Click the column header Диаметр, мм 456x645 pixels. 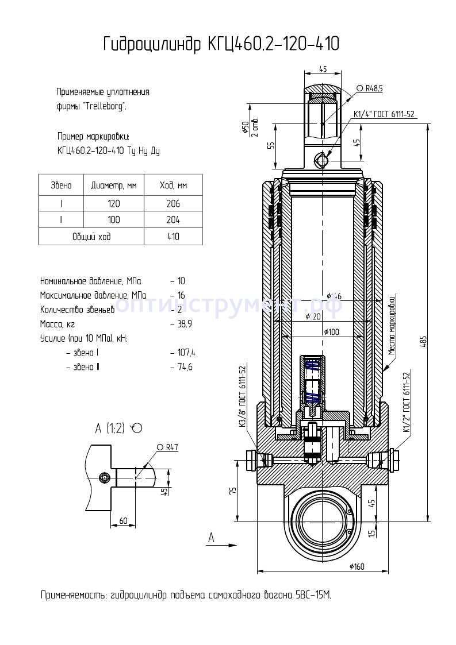(x=114, y=186)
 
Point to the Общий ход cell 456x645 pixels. (x=91, y=237)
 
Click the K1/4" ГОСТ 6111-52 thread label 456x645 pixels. (x=384, y=114)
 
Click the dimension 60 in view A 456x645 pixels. (x=122, y=520)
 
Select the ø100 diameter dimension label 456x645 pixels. (x=331, y=332)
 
